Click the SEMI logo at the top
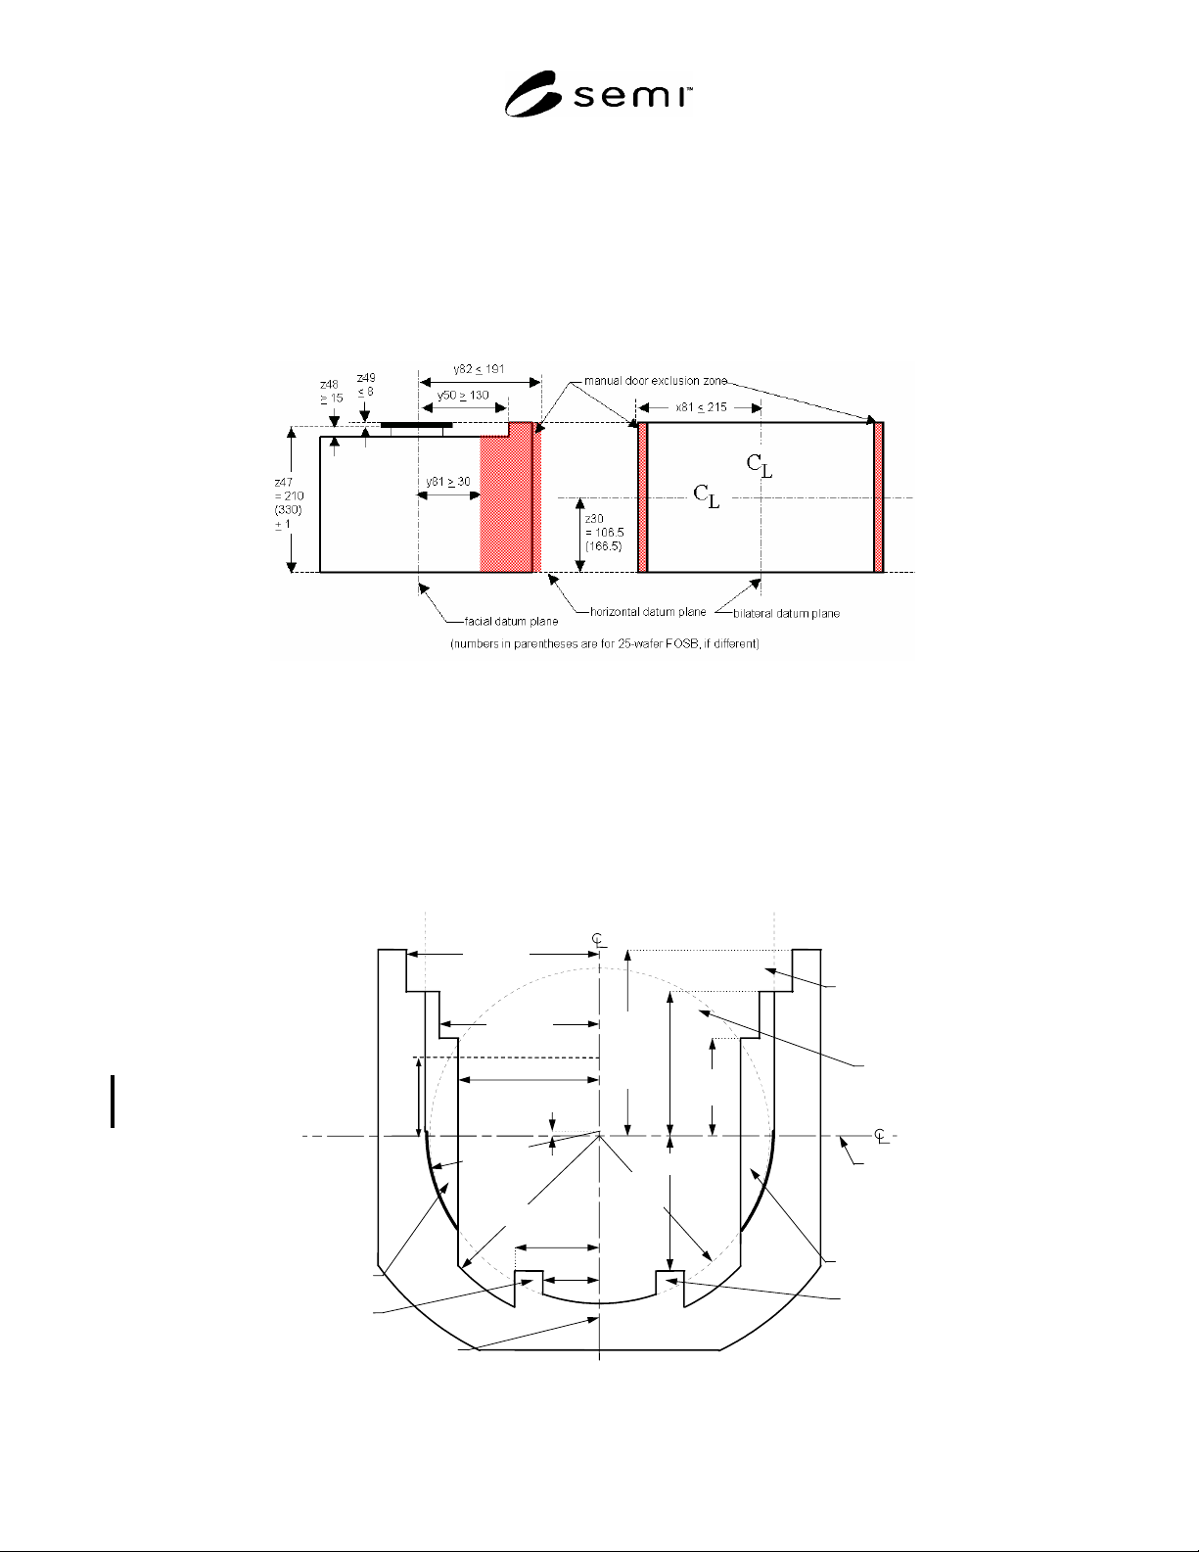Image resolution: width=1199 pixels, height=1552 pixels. pos(598,94)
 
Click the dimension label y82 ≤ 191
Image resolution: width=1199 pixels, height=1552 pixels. pos(479,369)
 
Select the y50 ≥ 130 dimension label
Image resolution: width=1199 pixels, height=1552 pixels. pos(463,395)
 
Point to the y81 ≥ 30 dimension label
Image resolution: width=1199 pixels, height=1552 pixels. pos(448,482)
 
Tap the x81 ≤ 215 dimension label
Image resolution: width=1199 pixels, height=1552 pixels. pos(701,407)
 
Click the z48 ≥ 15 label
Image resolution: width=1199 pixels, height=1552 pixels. pos(331,392)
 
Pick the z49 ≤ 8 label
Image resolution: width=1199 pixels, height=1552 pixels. pos(366,384)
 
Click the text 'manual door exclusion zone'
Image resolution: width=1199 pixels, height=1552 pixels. pos(655,381)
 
